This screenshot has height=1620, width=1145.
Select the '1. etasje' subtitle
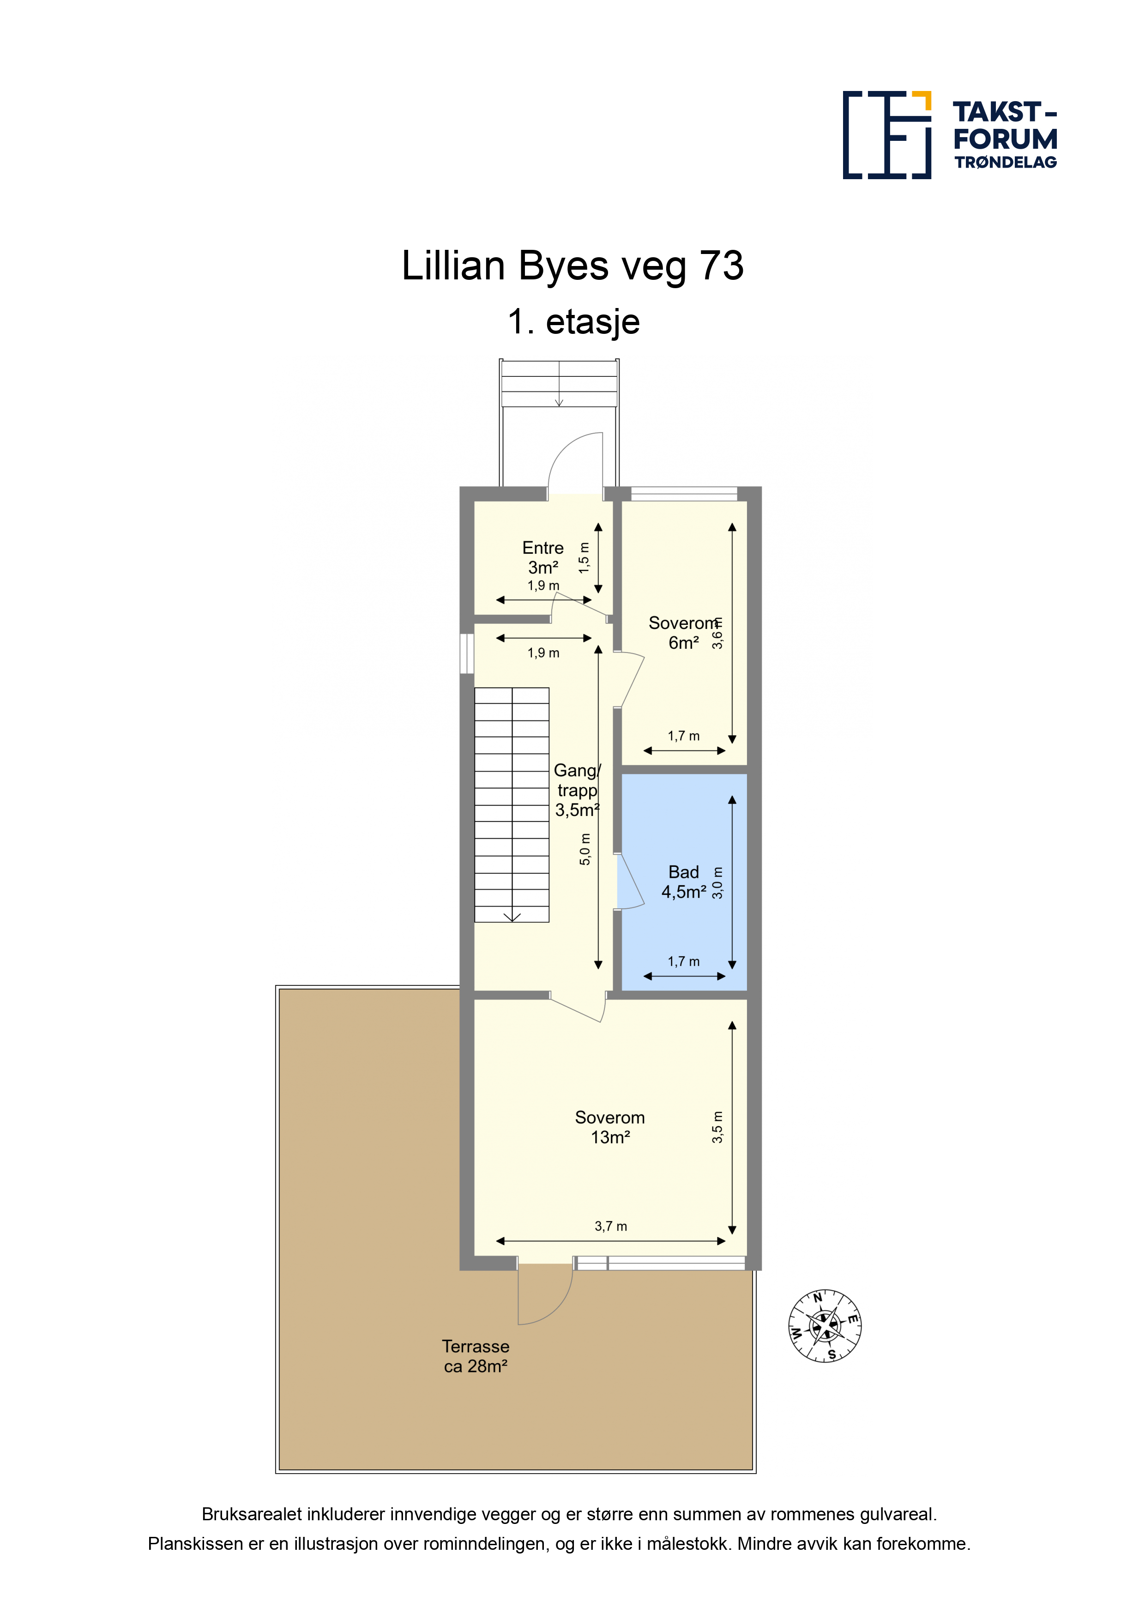[x=573, y=322]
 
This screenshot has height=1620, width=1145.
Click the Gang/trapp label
[x=577, y=790]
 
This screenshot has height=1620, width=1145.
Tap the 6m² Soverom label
[x=683, y=633]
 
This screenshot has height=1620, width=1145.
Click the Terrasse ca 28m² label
[x=476, y=1356]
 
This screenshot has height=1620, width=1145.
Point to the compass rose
[x=824, y=1326]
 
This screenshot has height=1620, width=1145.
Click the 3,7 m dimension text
[x=610, y=1226]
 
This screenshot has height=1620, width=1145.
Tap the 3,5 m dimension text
[x=717, y=1128]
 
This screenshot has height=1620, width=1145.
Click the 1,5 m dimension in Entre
[x=584, y=557]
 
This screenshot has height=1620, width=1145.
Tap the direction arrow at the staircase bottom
[x=512, y=917]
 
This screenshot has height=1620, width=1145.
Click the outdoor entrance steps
[x=559, y=383]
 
